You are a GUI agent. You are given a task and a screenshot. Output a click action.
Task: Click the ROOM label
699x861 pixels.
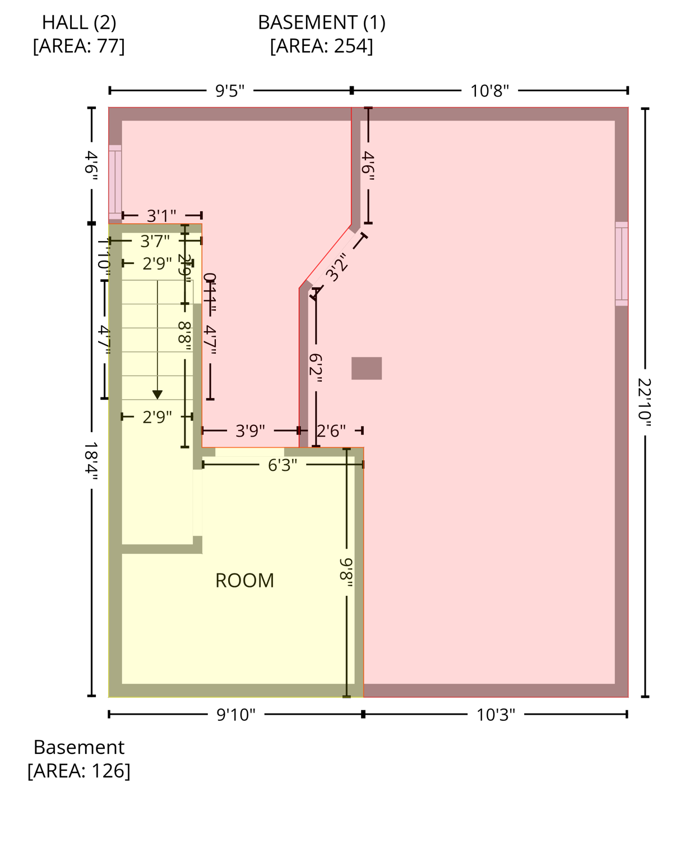(244, 580)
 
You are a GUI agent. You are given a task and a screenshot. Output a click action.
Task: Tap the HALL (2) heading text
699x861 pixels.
(79, 22)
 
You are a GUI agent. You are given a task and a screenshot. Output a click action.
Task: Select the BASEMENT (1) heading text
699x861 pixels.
(321, 22)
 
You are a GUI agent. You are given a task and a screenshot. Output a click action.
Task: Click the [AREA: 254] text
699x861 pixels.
(321, 46)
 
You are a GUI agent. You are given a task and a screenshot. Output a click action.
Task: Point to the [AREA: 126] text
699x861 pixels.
(79, 771)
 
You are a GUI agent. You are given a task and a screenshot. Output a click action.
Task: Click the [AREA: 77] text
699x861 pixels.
(79, 46)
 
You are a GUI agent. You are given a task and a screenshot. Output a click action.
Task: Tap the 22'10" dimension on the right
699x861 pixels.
(645, 402)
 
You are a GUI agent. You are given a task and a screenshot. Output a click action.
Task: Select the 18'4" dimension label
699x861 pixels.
(91, 461)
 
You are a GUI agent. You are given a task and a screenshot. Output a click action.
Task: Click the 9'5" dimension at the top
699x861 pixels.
(230, 91)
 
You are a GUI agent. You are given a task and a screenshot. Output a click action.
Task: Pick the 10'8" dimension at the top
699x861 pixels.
(489, 91)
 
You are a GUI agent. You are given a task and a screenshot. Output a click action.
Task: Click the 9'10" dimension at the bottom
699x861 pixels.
(235, 715)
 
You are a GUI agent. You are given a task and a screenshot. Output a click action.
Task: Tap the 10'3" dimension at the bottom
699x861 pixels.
(496, 715)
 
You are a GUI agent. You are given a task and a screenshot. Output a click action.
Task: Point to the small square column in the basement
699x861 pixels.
(367, 368)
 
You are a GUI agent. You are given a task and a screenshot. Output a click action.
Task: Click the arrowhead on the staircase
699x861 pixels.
(158, 395)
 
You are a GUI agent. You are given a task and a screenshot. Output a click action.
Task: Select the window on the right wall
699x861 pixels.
(621, 263)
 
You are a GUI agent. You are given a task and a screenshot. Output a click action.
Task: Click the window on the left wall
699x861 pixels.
(115, 182)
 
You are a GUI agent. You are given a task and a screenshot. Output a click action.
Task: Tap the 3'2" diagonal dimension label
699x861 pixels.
(337, 267)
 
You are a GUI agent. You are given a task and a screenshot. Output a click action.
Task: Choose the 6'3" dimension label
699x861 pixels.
(283, 465)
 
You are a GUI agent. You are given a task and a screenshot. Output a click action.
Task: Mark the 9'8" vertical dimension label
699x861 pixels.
(346, 572)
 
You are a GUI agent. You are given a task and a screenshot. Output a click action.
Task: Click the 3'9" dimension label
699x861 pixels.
(250, 430)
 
